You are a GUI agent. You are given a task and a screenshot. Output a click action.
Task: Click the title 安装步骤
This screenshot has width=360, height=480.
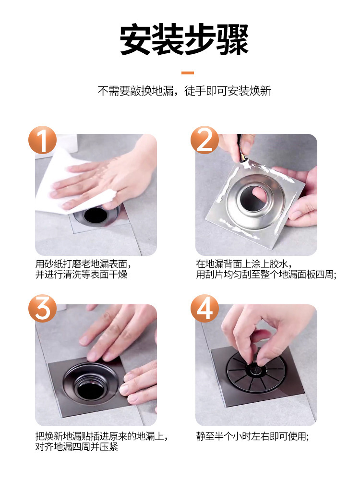[x=184, y=40]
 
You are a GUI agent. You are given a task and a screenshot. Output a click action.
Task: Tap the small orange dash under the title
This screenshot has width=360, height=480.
[x=188, y=73]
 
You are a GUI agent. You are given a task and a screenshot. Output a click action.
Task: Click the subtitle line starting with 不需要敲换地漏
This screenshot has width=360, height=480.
[x=184, y=91]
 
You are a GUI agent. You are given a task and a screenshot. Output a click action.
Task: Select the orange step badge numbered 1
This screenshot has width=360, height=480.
[x=43, y=140]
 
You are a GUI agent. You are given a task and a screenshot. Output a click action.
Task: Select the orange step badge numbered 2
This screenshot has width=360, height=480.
[x=204, y=140]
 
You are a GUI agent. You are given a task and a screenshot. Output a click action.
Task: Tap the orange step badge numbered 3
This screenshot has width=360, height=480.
[x=43, y=309]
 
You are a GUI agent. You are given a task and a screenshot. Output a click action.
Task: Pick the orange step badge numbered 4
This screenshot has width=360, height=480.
[x=204, y=309]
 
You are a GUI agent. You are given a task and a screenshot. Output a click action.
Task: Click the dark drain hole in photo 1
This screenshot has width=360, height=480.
[x=96, y=215]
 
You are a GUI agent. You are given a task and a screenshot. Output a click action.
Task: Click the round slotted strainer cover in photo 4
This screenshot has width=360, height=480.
[x=257, y=371]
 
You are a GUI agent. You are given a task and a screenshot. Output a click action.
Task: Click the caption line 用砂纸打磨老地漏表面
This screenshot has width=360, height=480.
[x=84, y=264]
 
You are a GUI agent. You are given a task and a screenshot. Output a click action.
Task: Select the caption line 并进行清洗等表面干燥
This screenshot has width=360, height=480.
[x=82, y=274]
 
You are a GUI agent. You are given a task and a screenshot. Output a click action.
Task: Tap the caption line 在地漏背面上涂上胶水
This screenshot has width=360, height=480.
[x=244, y=264]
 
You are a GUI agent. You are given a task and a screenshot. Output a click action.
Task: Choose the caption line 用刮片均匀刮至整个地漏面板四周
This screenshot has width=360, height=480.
[x=266, y=274]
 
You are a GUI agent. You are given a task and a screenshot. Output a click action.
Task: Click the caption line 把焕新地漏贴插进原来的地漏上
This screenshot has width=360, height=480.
[x=102, y=436]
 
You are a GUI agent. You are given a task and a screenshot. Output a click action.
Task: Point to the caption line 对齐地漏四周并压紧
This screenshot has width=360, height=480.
[x=76, y=447]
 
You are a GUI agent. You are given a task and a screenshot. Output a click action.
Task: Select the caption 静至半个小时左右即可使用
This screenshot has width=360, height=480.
[x=252, y=436]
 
